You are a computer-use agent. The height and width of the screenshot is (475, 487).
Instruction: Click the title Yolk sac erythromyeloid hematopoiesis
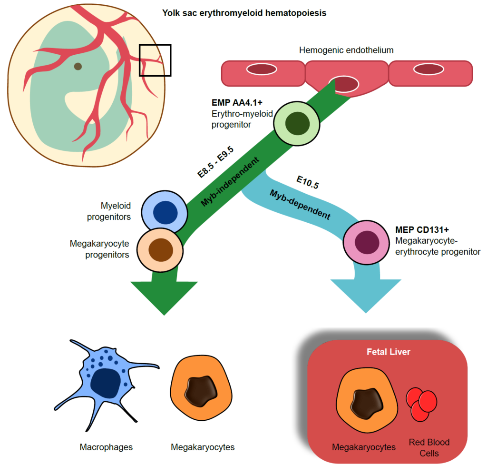click(244, 13)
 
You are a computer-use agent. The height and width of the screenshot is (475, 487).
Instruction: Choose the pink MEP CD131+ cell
click(366, 241)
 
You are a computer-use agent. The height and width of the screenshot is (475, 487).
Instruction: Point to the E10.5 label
click(307, 182)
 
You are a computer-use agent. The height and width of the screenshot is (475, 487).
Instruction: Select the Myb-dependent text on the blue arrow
click(299, 204)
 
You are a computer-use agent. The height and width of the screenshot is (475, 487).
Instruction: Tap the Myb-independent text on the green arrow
click(232, 181)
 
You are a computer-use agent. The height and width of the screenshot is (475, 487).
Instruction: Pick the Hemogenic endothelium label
click(346, 50)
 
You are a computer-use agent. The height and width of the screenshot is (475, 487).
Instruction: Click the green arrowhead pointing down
click(164, 297)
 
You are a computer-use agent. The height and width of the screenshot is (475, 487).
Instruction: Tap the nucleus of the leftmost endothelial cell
click(261, 69)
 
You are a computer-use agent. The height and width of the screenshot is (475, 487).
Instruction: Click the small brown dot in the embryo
click(78, 66)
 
